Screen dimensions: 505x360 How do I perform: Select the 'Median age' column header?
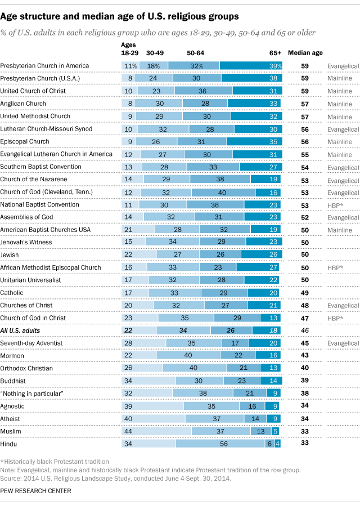[x=305, y=53]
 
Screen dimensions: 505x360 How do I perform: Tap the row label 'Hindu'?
[x=8, y=444]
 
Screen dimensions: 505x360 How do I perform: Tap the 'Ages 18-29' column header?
[x=129, y=48]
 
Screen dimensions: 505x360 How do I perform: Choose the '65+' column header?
[x=274, y=53]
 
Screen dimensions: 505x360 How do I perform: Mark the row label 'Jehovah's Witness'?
[x=26, y=242]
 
